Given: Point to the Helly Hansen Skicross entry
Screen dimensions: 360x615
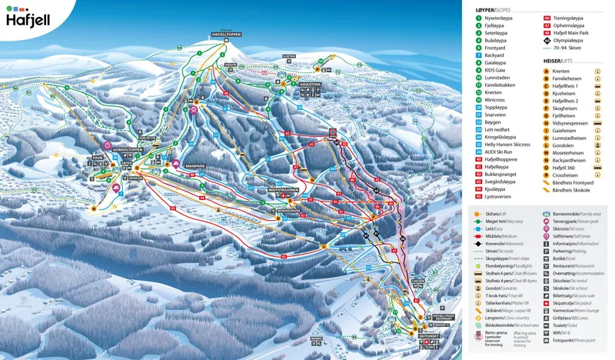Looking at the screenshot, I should [510, 144].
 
